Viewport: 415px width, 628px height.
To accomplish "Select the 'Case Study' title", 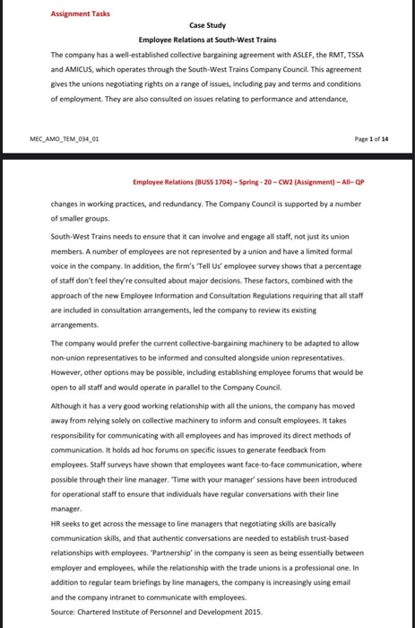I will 207,28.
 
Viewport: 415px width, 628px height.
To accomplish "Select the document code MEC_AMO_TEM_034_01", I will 70,139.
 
